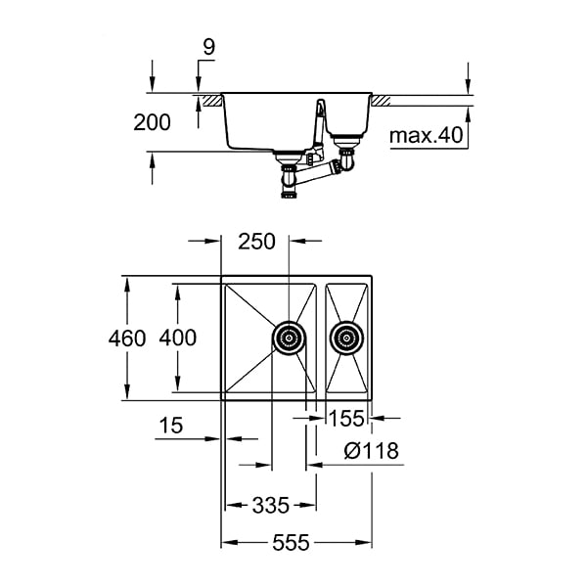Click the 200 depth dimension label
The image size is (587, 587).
click(x=152, y=122)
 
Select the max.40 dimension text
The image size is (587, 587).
click(x=426, y=136)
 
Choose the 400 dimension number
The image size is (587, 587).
click(x=177, y=339)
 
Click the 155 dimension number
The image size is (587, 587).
click(x=347, y=420)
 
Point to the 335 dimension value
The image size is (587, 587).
click(x=270, y=505)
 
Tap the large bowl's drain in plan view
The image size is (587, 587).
click(x=288, y=338)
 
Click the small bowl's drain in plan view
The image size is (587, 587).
click(x=345, y=339)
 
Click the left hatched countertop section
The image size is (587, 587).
click(x=208, y=100)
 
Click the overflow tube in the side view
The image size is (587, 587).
click(x=319, y=127)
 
